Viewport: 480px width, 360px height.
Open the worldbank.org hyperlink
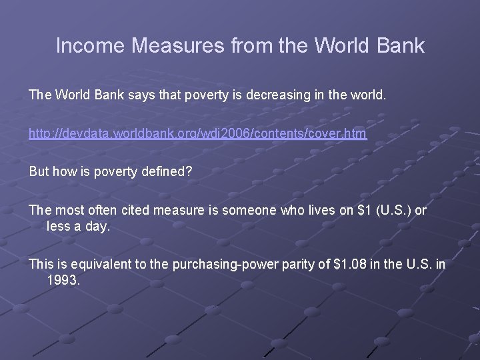pos(197,134)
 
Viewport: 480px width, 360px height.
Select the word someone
pos(247,211)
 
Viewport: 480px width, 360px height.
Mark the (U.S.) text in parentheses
pos(389,211)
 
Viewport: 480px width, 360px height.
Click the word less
pos(58,226)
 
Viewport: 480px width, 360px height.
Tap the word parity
pos(299,264)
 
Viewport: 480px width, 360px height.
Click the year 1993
pos(63,280)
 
